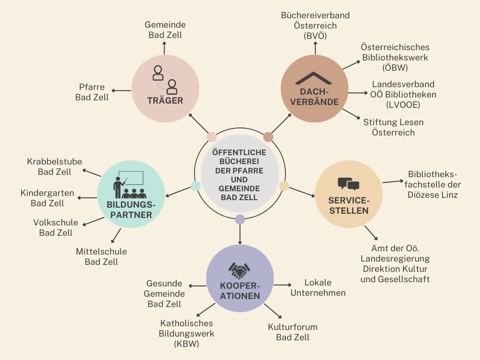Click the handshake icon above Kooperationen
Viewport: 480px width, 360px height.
click(x=240, y=270)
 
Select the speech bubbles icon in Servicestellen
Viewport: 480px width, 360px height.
click(x=348, y=184)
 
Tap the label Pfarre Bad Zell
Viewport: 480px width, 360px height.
click(x=92, y=92)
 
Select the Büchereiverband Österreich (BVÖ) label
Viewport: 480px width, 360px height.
click(x=315, y=25)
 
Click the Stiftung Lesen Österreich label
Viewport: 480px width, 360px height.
click(x=393, y=127)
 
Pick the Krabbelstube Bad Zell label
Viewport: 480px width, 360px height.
click(x=54, y=167)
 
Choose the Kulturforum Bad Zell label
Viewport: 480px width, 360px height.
click(x=292, y=332)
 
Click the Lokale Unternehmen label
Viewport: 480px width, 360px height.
click(x=318, y=288)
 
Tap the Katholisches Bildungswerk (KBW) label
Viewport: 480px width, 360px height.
click(x=187, y=334)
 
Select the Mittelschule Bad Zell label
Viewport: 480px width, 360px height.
click(x=101, y=256)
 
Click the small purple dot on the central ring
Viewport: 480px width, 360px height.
click(x=240, y=219)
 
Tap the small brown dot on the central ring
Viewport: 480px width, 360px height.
click(x=268, y=137)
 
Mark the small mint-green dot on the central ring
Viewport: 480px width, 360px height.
click(x=195, y=186)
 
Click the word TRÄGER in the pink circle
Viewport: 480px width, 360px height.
click(x=165, y=100)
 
